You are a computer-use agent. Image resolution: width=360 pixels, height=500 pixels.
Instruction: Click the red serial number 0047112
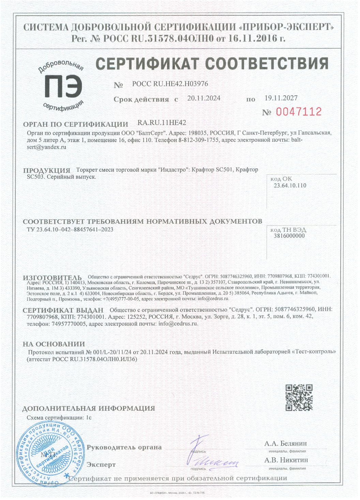point(298,112)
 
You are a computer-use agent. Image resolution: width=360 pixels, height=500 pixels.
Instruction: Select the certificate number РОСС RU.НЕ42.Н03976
point(170,84)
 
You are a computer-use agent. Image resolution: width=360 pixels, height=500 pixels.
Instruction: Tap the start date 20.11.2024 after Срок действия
point(204,98)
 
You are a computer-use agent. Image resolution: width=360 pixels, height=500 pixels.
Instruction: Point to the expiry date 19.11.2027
point(281,98)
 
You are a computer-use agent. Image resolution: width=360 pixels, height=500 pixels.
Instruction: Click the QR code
point(299,397)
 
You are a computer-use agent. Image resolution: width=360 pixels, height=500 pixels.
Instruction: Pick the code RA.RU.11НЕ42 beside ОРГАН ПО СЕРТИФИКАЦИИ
point(162,123)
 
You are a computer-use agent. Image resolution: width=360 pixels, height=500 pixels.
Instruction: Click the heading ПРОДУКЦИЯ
point(47,170)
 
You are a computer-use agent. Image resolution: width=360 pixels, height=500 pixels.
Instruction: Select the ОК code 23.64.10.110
point(290,186)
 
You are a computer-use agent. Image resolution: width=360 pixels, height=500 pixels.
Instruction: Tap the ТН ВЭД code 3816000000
point(289,236)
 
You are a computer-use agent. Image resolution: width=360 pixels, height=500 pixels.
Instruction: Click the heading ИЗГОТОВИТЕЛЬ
point(52,278)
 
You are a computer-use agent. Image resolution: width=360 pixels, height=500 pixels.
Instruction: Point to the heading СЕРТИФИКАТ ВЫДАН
point(63,310)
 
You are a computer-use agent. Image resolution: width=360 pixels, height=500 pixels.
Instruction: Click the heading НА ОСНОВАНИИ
point(54,344)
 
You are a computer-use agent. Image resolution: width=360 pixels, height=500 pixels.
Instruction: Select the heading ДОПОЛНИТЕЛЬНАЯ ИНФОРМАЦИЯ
point(89,408)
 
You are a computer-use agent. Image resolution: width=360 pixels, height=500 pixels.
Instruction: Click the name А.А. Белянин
point(285,443)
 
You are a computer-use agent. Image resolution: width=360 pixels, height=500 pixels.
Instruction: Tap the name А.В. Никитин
point(286,460)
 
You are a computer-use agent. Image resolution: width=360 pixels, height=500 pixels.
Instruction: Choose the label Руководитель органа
point(124,448)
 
